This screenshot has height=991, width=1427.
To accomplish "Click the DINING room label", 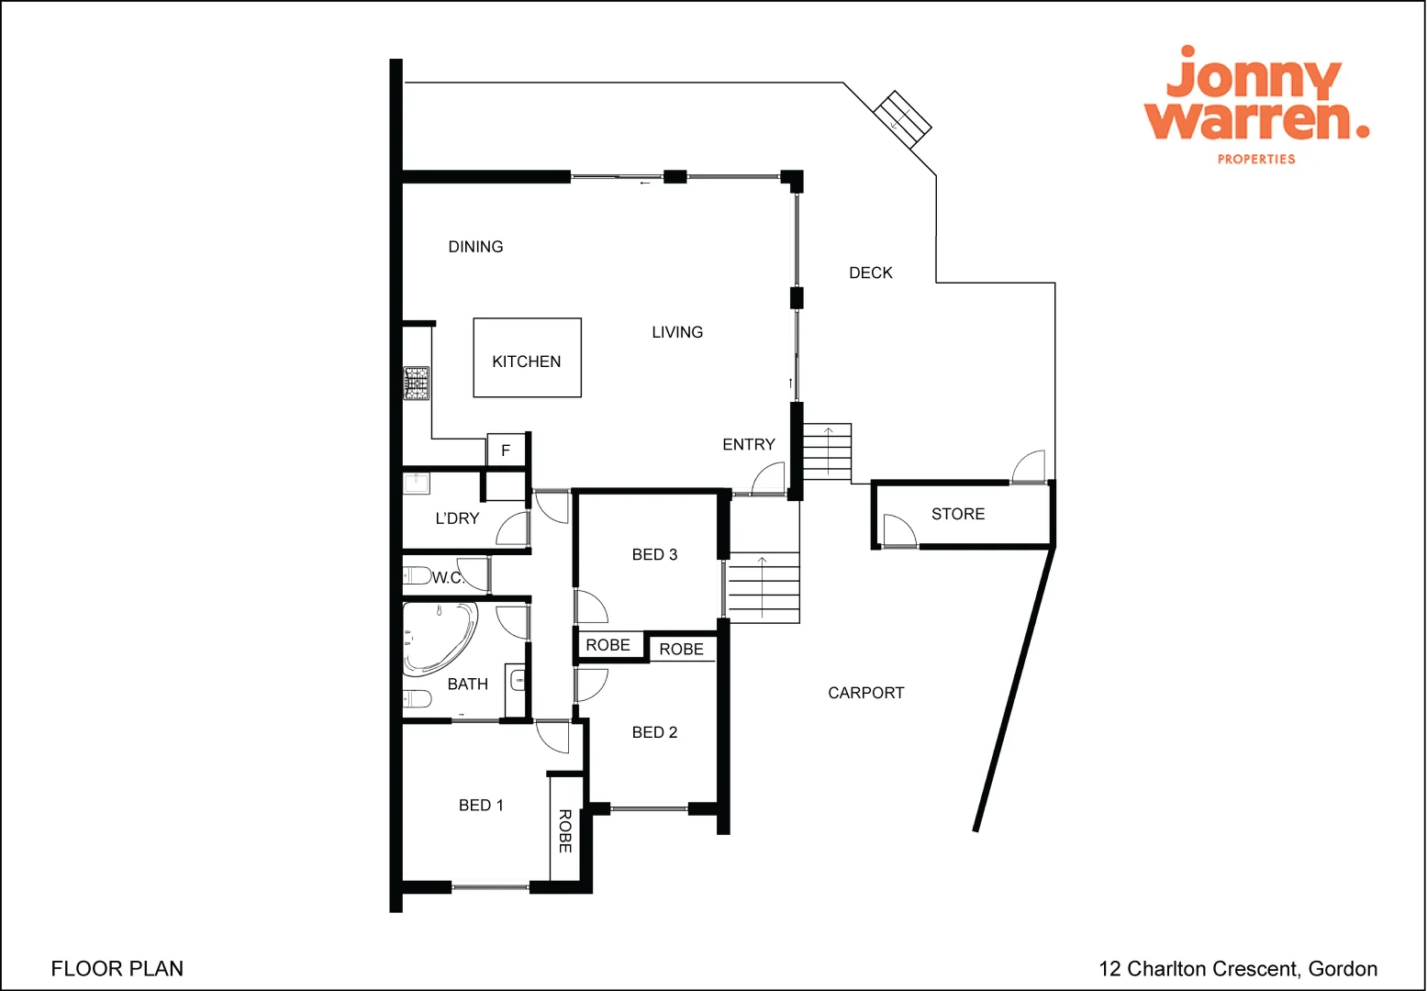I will coord(475,247).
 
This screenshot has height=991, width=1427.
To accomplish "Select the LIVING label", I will coord(677,332).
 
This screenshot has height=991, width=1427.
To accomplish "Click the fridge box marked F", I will coord(505,451).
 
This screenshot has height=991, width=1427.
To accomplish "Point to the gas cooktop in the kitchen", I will coord(417,383).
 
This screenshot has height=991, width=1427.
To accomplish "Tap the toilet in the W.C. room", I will coord(418,575).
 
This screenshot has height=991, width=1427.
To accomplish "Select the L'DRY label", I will coord(457,518).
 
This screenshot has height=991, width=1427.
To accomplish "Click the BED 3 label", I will coord(654,554).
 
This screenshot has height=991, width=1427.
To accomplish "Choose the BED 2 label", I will coord(654,732).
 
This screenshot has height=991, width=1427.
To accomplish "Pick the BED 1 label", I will coord(481,805).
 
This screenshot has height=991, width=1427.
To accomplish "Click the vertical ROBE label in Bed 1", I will coord(565,830).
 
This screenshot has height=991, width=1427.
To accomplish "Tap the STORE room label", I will coord(958,514).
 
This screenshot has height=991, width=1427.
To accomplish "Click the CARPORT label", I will coord(865,693).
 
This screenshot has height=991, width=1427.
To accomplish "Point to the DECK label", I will coord(870,273).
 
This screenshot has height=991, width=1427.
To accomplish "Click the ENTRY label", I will coord(748,444).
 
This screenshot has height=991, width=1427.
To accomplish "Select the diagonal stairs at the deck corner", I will coord(902,118).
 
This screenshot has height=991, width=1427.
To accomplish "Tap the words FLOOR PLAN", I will coord(117,968).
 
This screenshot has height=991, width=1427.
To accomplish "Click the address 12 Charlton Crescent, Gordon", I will coord(1237,968).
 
